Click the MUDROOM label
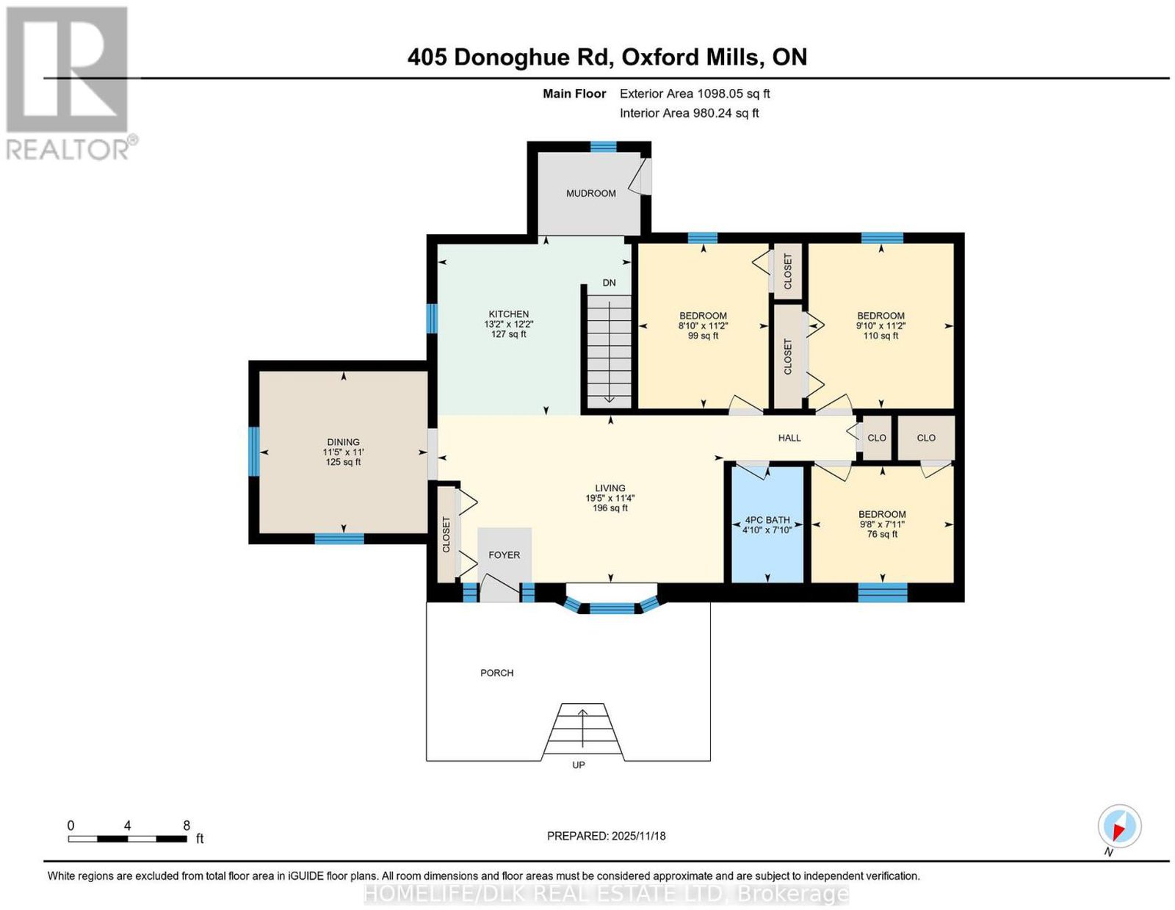pos(590,193)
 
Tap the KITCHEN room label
pos(508,314)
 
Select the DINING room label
pos(343,441)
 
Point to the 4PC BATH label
pos(767,519)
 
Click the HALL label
pos(789,438)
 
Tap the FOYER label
pos(504,555)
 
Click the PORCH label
pos(497,673)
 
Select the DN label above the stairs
pos(609,282)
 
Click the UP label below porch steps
pos(578,765)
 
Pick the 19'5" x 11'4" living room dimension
pos(610,498)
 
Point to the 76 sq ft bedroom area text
pos(882,534)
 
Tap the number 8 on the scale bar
pos(187,825)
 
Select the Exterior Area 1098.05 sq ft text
pos(694,93)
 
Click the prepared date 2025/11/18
pos(639,836)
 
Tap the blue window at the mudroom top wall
pos(603,146)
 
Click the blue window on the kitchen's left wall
pos(432,319)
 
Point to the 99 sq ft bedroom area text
pos(703,336)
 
